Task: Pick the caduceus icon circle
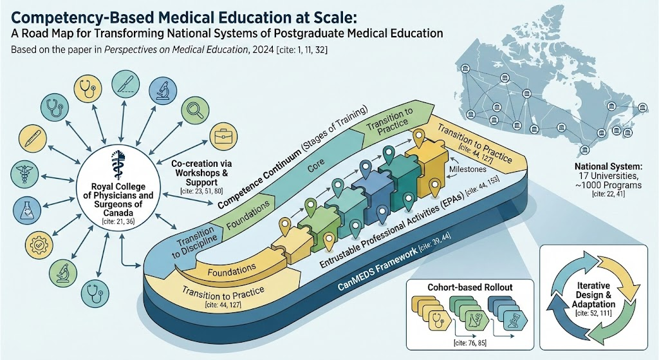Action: coord(24,175)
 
